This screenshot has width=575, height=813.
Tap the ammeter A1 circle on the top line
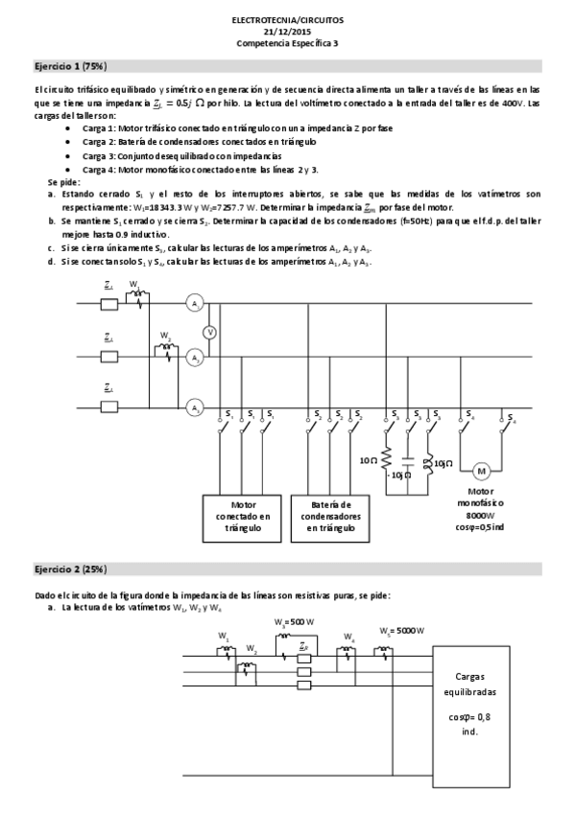point(195,304)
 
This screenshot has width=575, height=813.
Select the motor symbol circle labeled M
point(481,471)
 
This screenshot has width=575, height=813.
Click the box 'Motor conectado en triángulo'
point(243,515)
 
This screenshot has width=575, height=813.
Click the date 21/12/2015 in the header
point(287,31)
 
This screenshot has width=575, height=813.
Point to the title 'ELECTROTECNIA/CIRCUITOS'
point(287,18)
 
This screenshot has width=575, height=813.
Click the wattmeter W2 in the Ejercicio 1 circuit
point(168,352)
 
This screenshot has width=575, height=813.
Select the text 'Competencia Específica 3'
point(287,43)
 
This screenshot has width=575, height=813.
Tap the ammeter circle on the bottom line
point(195,407)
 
